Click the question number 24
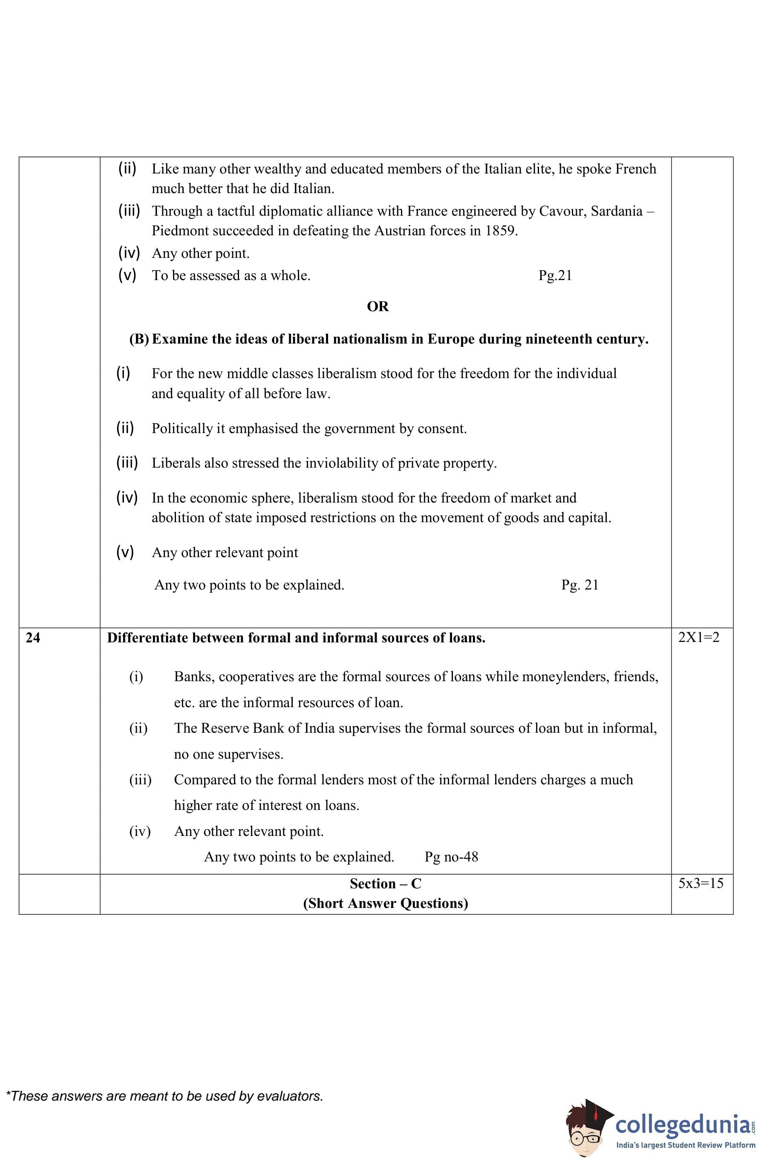tap(33, 638)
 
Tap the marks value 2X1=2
tap(698, 637)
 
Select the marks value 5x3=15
tap(700, 883)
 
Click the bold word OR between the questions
tap(378, 306)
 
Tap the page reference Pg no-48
tap(451, 857)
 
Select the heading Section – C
tap(385, 884)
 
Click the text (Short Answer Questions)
tap(385, 903)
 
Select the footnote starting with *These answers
tap(164, 1096)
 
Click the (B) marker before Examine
tap(139, 339)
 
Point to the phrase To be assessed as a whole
tap(231, 276)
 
